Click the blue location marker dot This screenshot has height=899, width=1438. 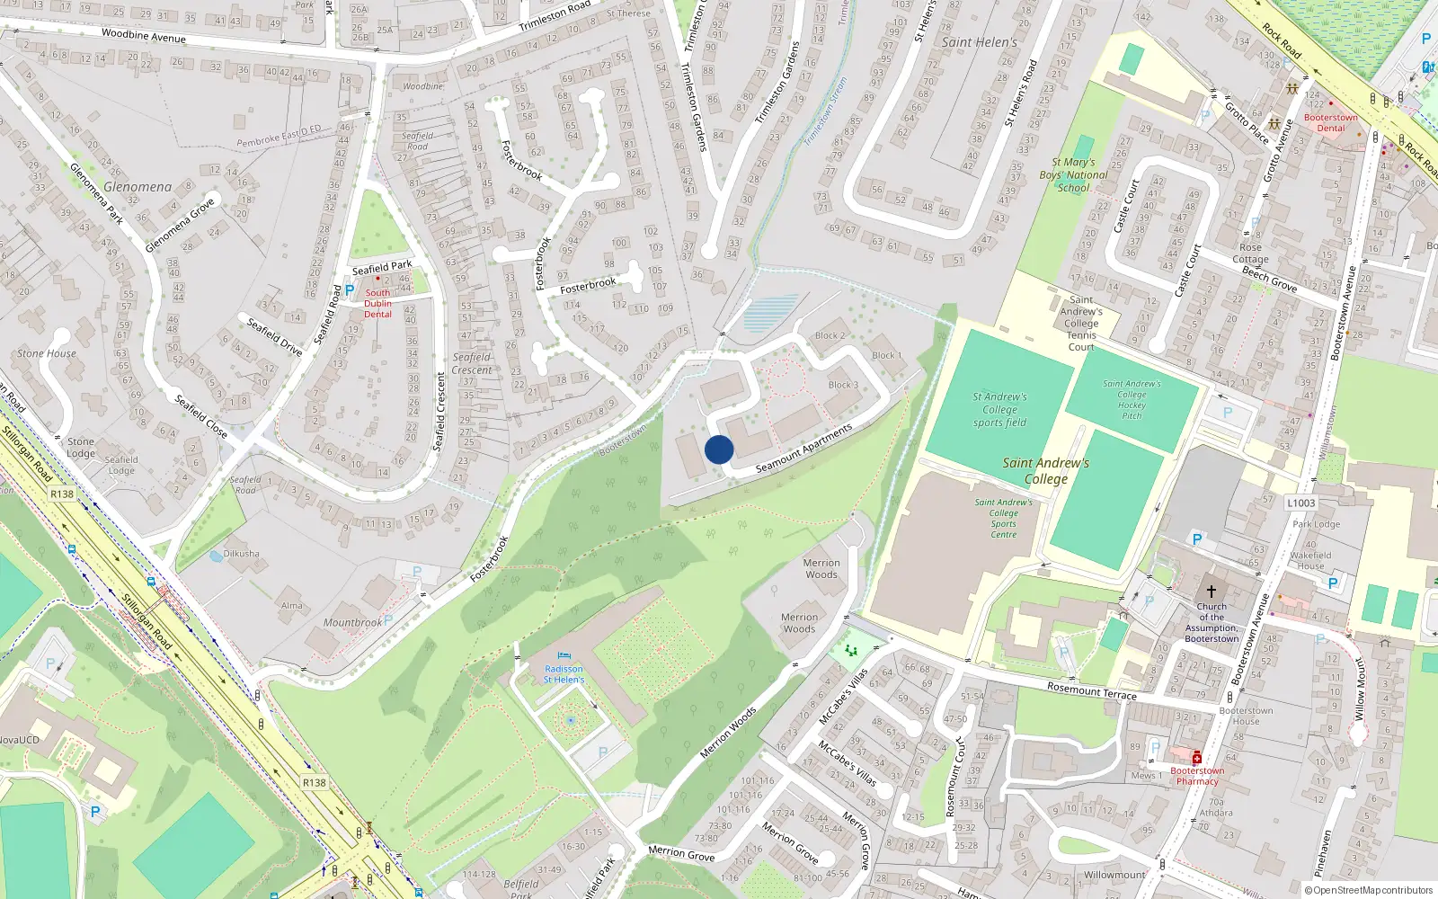[x=719, y=449]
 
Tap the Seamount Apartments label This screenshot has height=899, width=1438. [x=803, y=449]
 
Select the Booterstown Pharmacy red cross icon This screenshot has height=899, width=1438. [x=1197, y=758]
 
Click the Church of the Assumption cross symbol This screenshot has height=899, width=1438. [x=1211, y=592]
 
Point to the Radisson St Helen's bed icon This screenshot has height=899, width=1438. [x=564, y=656]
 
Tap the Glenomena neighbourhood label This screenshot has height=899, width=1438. [x=138, y=187]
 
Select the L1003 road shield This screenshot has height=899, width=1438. [x=1300, y=503]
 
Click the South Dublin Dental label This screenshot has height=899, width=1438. [x=377, y=303]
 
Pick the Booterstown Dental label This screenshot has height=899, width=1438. [x=1331, y=122]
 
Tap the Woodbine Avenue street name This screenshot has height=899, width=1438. [x=144, y=36]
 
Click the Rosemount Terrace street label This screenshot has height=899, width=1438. [x=1092, y=690]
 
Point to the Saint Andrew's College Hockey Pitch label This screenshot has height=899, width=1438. [x=1132, y=399]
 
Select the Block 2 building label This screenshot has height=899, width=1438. [x=830, y=335]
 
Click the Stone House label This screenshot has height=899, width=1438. [x=47, y=353]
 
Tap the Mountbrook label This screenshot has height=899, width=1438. [x=352, y=622]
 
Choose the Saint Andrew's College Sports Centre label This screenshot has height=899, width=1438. [x=1004, y=519]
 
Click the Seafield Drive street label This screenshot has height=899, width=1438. [x=274, y=336]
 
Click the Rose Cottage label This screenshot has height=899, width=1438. [x=1250, y=253]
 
